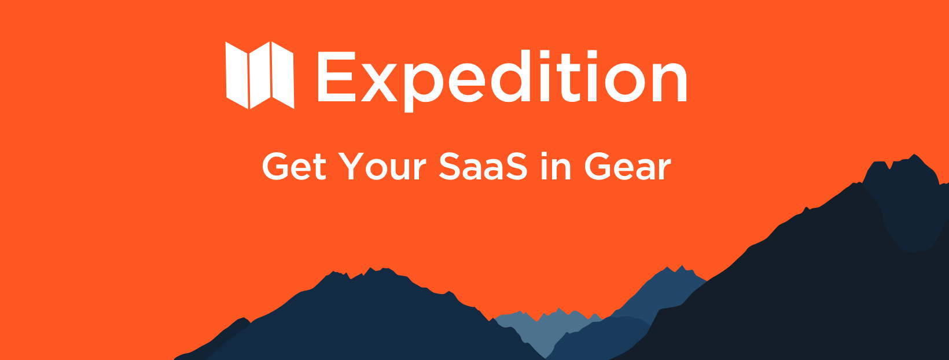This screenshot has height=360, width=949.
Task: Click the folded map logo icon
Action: click(260, 75)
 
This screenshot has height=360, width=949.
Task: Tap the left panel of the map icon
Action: click(237, 75)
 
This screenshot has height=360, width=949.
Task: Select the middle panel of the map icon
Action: click(260, 75)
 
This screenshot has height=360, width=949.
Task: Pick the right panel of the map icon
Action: click(282, 75)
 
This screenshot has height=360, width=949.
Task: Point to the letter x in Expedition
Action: click(379, 82)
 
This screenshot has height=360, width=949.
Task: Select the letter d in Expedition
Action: click(510, 76)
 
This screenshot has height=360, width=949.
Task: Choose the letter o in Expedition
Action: click(624, 82)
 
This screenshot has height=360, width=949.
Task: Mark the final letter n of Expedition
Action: click(670, 82)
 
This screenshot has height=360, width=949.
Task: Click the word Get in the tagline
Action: click(294, 167)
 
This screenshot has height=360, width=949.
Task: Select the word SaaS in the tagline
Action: click(483, 167)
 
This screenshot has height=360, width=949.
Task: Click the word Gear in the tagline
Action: click(627, 167)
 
